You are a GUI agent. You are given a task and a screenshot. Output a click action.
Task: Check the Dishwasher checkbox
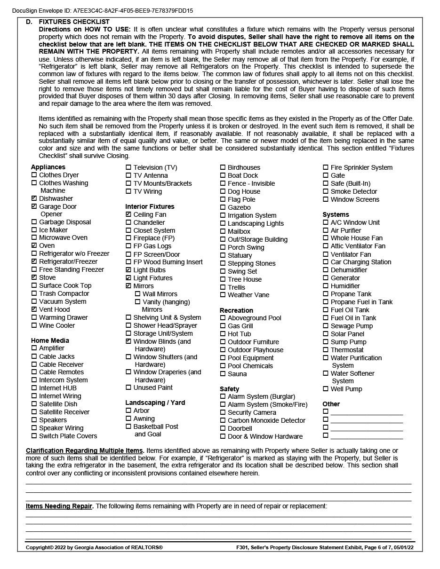[x=34, y=198]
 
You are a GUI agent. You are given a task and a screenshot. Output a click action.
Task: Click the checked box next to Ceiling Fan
[x=128, y=214]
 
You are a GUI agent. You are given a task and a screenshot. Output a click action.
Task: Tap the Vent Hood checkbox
[x=34, y=309]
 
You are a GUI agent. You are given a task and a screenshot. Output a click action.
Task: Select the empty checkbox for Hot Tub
[x=223, y=334]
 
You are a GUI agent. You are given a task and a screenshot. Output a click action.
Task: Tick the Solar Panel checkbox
[x=326, y=334]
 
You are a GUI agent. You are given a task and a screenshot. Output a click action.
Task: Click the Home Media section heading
[x=50, y=340]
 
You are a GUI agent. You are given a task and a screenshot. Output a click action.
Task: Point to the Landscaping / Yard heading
[x=155, y=403]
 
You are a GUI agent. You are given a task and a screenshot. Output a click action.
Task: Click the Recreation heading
[x=236, y=310]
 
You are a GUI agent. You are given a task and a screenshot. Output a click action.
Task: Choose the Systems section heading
[x=336, y=214]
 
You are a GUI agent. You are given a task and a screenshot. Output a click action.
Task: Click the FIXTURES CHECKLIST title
[x=74, y=22]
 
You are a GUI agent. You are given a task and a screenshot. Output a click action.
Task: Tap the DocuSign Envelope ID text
[x=102, y=10]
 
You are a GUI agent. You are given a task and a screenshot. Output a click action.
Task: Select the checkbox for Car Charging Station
[x=326, y=262]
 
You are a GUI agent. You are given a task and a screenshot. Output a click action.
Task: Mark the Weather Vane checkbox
[x=223, y=295]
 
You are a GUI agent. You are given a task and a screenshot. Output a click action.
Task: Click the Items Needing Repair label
[x=59, y=506]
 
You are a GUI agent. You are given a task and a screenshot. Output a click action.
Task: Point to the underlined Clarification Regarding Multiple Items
[x=85, y=450]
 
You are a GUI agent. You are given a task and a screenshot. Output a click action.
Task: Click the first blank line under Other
[x=367, y=412]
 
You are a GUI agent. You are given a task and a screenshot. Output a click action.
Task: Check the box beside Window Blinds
[x=128, y=341]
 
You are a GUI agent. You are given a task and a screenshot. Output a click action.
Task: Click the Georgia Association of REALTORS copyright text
[x=94, y=547]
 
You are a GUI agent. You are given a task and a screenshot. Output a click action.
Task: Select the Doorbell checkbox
[x=223, y=428]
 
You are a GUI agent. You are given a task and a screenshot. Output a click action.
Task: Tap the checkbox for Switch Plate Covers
[x=34, y=436]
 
